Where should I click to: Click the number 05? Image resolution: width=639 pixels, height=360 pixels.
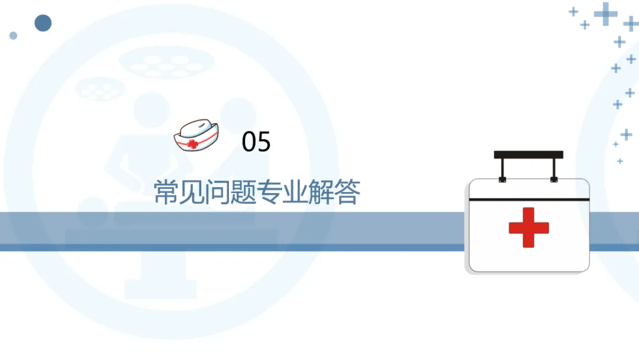[256, 142]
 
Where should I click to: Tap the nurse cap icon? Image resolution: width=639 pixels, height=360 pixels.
[196, 136]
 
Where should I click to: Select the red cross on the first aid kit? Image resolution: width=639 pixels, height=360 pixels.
[528, 227]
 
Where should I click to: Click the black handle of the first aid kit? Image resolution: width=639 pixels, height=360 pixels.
[528, 155]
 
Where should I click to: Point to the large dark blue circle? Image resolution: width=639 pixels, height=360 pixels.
[43, 23]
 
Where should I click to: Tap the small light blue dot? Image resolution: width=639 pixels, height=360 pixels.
[13, 36]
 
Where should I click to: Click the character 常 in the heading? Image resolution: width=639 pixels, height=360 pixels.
[166, 192]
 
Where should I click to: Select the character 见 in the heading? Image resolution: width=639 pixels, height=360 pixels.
[192, 192]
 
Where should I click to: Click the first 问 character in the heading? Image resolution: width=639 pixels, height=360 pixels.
[218, 192]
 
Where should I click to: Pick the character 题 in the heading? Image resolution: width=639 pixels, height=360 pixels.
[244, 192]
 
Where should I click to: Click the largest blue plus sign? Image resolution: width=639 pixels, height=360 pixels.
[605, 14]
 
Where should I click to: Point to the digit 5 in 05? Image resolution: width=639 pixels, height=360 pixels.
[264, 142]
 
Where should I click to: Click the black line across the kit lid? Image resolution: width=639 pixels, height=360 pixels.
[529, 200]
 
